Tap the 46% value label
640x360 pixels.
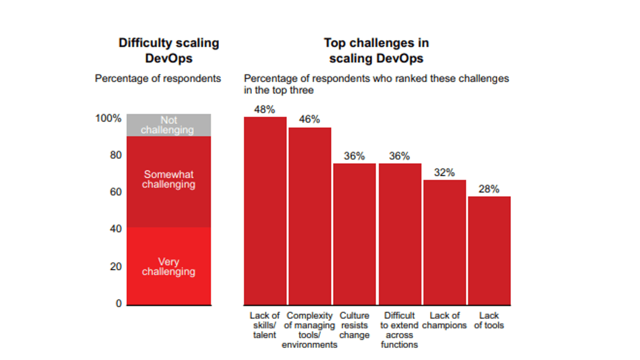[309, 119]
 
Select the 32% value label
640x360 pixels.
[444, 172]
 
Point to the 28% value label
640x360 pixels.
[488, 189]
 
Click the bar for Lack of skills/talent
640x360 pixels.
[265, 210]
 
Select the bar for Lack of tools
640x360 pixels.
[489, 250]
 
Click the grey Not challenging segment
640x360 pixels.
[168, 125]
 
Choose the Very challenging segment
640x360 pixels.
[168, 266]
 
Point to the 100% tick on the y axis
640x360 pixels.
[108, 118]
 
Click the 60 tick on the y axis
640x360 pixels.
[115, 192]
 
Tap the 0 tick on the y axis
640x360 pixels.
[118, 303]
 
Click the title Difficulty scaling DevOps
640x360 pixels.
[168, 50]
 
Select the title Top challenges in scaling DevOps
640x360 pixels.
[376, 50]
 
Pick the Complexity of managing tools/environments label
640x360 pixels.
[309, 330]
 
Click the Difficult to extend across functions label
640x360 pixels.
[399, 330]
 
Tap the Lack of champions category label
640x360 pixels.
[444, 320]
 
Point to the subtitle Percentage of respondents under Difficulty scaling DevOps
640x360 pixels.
[158, 78]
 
